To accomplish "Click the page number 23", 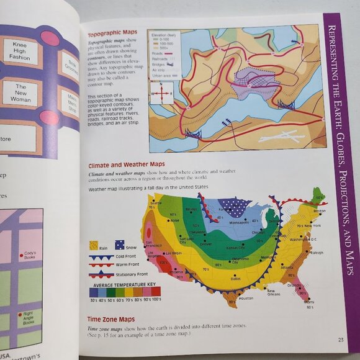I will pos(340,339).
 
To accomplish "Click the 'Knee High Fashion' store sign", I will pos(19,52).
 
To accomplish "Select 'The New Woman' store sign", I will pos(20,94).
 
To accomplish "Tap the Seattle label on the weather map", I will pos(155,204).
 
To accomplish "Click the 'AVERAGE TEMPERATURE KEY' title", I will pos(124,284).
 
